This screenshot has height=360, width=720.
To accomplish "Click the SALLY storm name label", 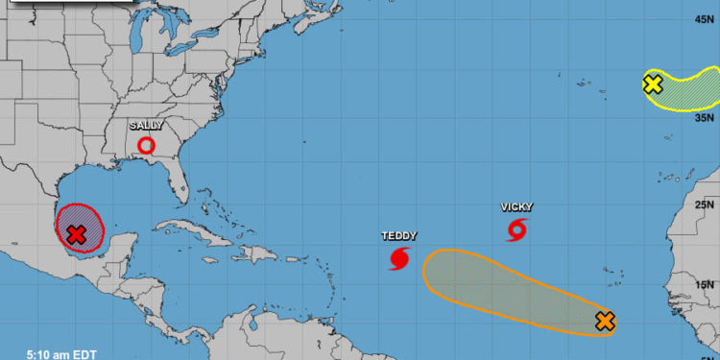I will click(x=146, y=125).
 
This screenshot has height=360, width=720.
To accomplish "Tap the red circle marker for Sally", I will click(x=146, y=146).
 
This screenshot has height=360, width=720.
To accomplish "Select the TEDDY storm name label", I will click(x=398, y=235).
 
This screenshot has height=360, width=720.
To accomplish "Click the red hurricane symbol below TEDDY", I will click(x=399, y=257).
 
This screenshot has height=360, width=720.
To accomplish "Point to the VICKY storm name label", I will click(x=516, y=207).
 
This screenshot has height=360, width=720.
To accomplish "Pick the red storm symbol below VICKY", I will click(x=516, y=229).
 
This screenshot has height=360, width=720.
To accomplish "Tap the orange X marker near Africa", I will click(x=604, y=321).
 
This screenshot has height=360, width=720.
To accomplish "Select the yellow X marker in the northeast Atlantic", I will click(x=653, y=84).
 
